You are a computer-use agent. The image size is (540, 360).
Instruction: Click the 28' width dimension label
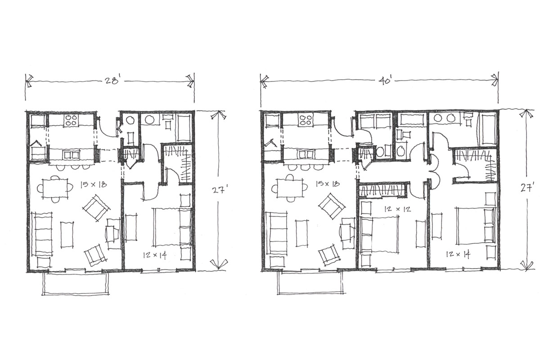(112, 81)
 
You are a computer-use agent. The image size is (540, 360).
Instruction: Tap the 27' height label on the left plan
(219, 190)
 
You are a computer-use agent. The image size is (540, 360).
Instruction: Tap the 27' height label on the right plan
(527, 187)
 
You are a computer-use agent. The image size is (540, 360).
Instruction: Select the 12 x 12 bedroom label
(398, 209)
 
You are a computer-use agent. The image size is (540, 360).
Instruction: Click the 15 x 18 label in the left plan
(93, 185)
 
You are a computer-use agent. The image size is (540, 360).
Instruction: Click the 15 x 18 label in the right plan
(328, 184)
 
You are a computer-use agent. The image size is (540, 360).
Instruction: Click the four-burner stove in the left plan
(72, 120)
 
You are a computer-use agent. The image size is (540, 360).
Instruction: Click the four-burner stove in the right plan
(305, 120)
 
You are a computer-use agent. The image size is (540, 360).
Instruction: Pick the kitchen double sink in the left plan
(71, 155)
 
